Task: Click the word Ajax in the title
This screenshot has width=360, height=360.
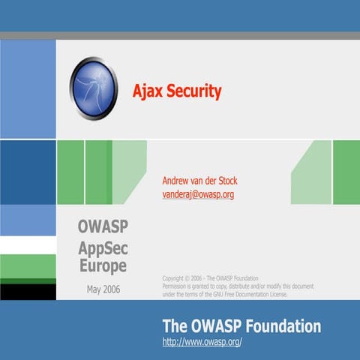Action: point(147,91)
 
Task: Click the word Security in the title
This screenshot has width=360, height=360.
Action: point(192,91)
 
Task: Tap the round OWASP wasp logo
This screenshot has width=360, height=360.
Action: point(94,90)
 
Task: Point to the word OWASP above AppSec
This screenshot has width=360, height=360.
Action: point(102,226)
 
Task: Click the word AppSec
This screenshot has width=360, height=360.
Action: point(102,247)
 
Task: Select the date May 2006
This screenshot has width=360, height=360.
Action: point(103,289)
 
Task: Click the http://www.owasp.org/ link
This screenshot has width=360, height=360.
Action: point(202,343)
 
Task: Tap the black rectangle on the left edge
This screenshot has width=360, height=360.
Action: point(28,291)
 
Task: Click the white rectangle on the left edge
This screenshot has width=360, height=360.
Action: point(28,245)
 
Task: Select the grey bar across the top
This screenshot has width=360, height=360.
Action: point(180,36)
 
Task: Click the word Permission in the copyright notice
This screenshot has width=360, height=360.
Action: point(178,286)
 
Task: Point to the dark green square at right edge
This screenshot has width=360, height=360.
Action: point(346,172)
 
